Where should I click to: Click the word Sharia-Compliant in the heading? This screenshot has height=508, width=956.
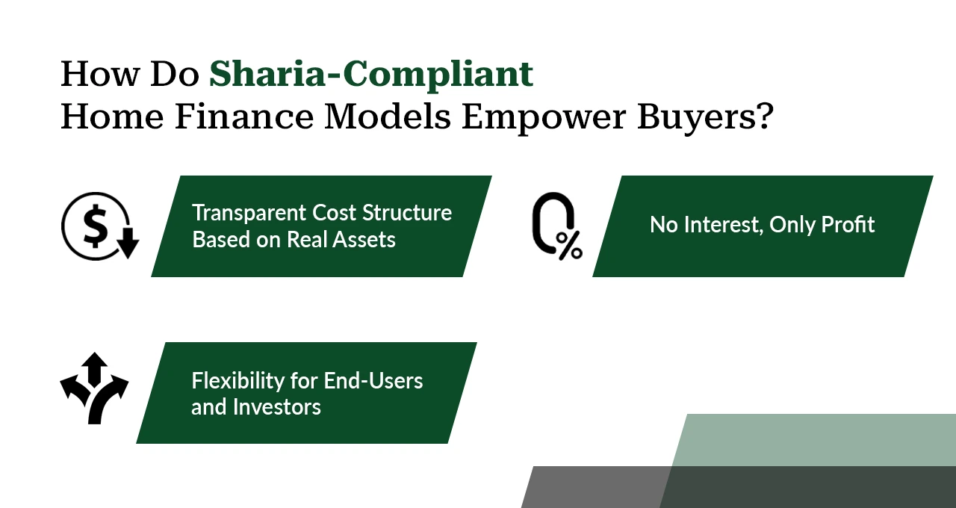[x=370, y=74]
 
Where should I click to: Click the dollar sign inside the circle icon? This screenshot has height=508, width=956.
[x=94, y=226]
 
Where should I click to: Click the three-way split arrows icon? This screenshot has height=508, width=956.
[x=94, y=388]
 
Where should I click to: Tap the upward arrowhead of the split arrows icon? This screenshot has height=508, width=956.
[x=94, y=362]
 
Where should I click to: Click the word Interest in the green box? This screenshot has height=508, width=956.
[x=721, y=225]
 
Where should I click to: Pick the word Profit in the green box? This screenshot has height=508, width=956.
[x=847, y=225]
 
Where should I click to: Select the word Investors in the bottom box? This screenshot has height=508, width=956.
[x=276, y=407]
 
